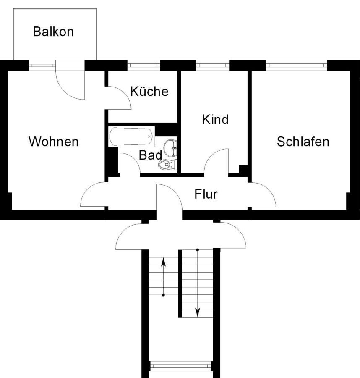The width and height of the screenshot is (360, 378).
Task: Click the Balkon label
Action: tap(53, 31)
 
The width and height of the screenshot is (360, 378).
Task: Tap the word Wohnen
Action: tap(53, 142)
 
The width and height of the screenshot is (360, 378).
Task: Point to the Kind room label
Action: tap(215, 120)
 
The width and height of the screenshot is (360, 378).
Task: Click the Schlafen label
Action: tap(303, 142)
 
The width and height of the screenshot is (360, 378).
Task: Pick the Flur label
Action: tap(206, 194)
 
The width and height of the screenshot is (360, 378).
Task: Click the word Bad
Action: tap(150, 155)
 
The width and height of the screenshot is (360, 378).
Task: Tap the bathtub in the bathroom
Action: tap(131, 136)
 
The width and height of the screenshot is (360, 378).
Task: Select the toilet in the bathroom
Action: tap(167, 165)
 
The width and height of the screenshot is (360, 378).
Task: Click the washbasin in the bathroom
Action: tap(170, 148)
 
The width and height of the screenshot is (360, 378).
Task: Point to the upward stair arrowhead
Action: tap(163, 262)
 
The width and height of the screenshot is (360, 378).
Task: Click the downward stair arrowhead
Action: tap(198, 312)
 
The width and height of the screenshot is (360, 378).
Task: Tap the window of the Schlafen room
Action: tap(297, 66)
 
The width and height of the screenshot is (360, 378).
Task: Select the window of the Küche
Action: tap(143, 66)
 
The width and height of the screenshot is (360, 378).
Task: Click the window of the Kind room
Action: tap(213, 66)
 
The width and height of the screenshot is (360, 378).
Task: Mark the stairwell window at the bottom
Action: tap(180, 366)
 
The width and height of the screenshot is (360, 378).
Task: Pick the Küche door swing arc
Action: tap(125, 94)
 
